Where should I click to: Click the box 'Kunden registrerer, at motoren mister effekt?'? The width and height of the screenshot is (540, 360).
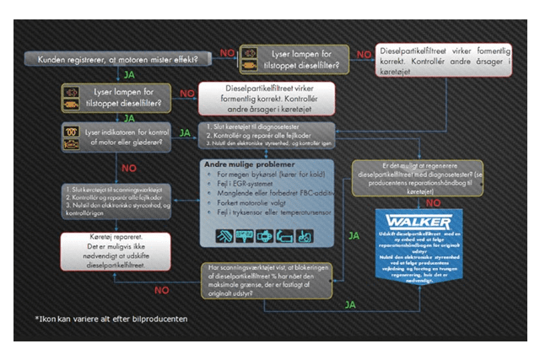(118, 59)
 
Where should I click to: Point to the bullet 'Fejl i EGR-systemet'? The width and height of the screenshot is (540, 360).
(245, 184)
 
